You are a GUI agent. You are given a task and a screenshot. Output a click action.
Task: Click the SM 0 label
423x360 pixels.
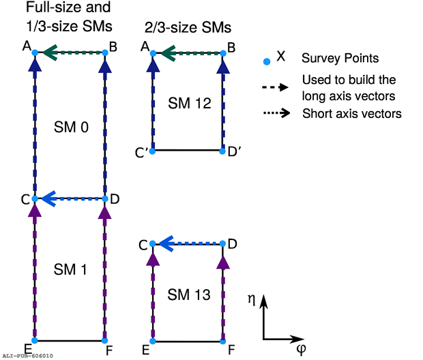tap(70, 127)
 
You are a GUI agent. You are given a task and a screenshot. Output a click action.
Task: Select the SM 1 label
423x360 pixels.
tap(70, 269)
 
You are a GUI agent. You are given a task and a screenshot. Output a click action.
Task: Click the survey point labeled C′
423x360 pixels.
tap(153, 150)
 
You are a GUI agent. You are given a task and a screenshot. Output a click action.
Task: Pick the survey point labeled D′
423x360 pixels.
tap(223, 150)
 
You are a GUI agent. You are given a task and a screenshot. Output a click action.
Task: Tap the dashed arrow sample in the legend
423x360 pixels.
tap(276, 87)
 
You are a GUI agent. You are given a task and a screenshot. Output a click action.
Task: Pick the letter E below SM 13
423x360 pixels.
tap(146, 350)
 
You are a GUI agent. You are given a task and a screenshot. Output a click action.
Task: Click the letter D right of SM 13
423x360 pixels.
tap(233, 243)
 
